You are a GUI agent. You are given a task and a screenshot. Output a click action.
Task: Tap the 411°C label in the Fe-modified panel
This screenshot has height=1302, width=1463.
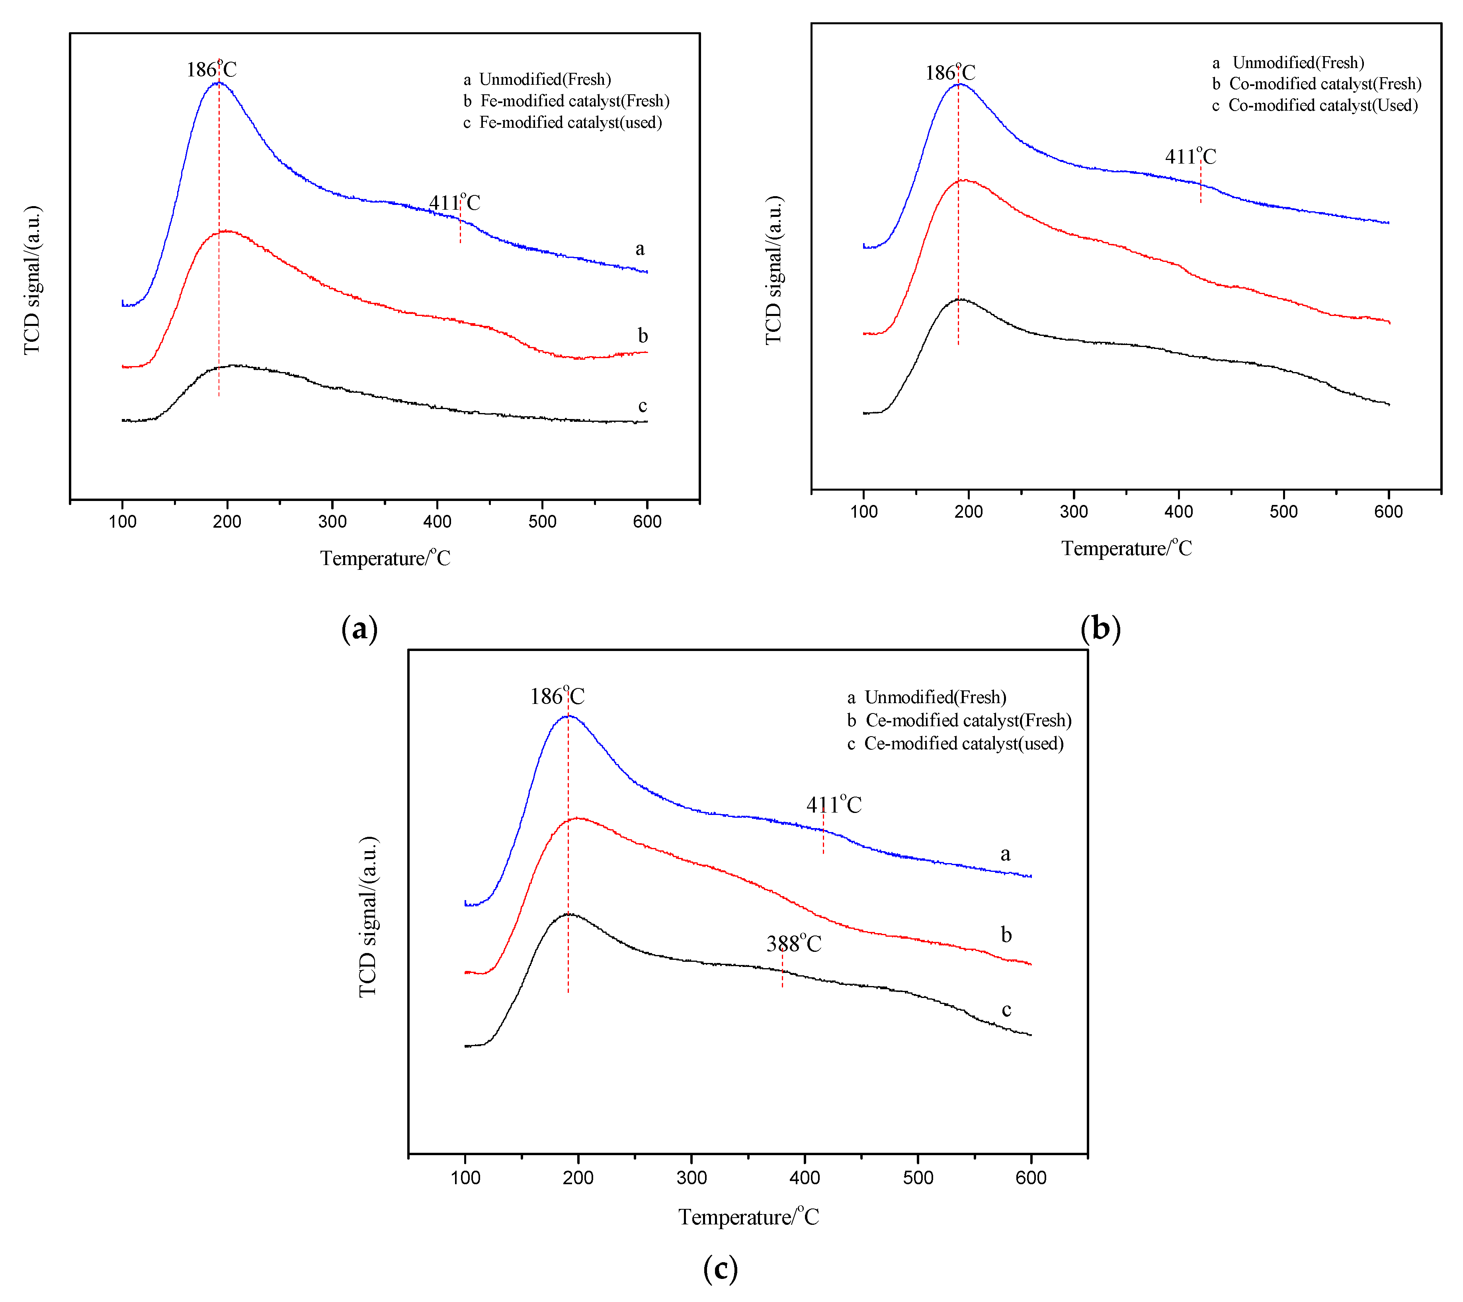[x=455, y=203]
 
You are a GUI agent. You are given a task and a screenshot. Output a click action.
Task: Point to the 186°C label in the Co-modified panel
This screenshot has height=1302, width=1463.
[x=950, y=73]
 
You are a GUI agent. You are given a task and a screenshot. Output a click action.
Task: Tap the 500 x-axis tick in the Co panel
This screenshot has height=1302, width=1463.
[x=1283, y=511]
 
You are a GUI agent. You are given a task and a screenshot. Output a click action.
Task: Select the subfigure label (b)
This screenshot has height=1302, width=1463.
[x=1100, y=628]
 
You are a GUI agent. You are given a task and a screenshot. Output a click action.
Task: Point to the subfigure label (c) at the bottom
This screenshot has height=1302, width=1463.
[x=720, y=1269]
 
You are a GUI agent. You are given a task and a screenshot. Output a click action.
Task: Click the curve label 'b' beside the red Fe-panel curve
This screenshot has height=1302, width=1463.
[x=643, y=335]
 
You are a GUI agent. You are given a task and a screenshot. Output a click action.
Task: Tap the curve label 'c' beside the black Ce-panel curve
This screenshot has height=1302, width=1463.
[x=1006, y=1010]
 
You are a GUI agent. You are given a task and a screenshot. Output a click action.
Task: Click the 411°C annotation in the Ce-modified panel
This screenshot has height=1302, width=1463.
[x=834, y=805]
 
